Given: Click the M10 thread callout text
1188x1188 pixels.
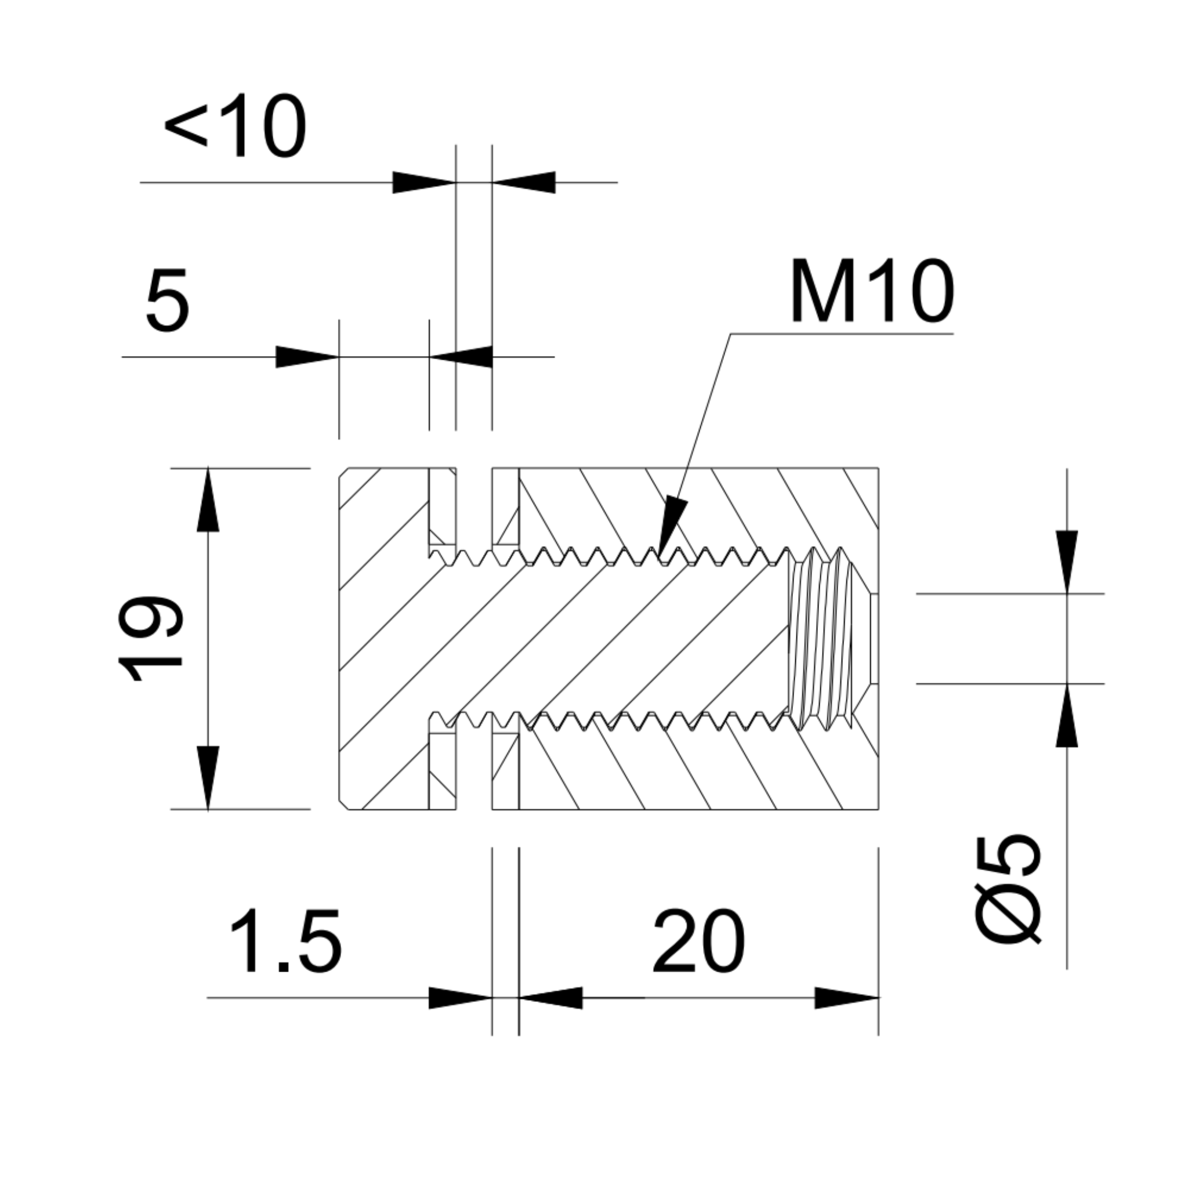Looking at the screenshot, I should (x=872, y=291).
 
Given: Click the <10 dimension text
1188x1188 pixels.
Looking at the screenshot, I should (x=236, y=126).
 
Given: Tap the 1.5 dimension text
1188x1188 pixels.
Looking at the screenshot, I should (x=285, y=943).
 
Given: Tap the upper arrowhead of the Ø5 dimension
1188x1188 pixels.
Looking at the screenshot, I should (x=1067, y=560).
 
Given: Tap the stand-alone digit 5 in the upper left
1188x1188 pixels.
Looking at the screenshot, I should (x=167, y=300).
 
